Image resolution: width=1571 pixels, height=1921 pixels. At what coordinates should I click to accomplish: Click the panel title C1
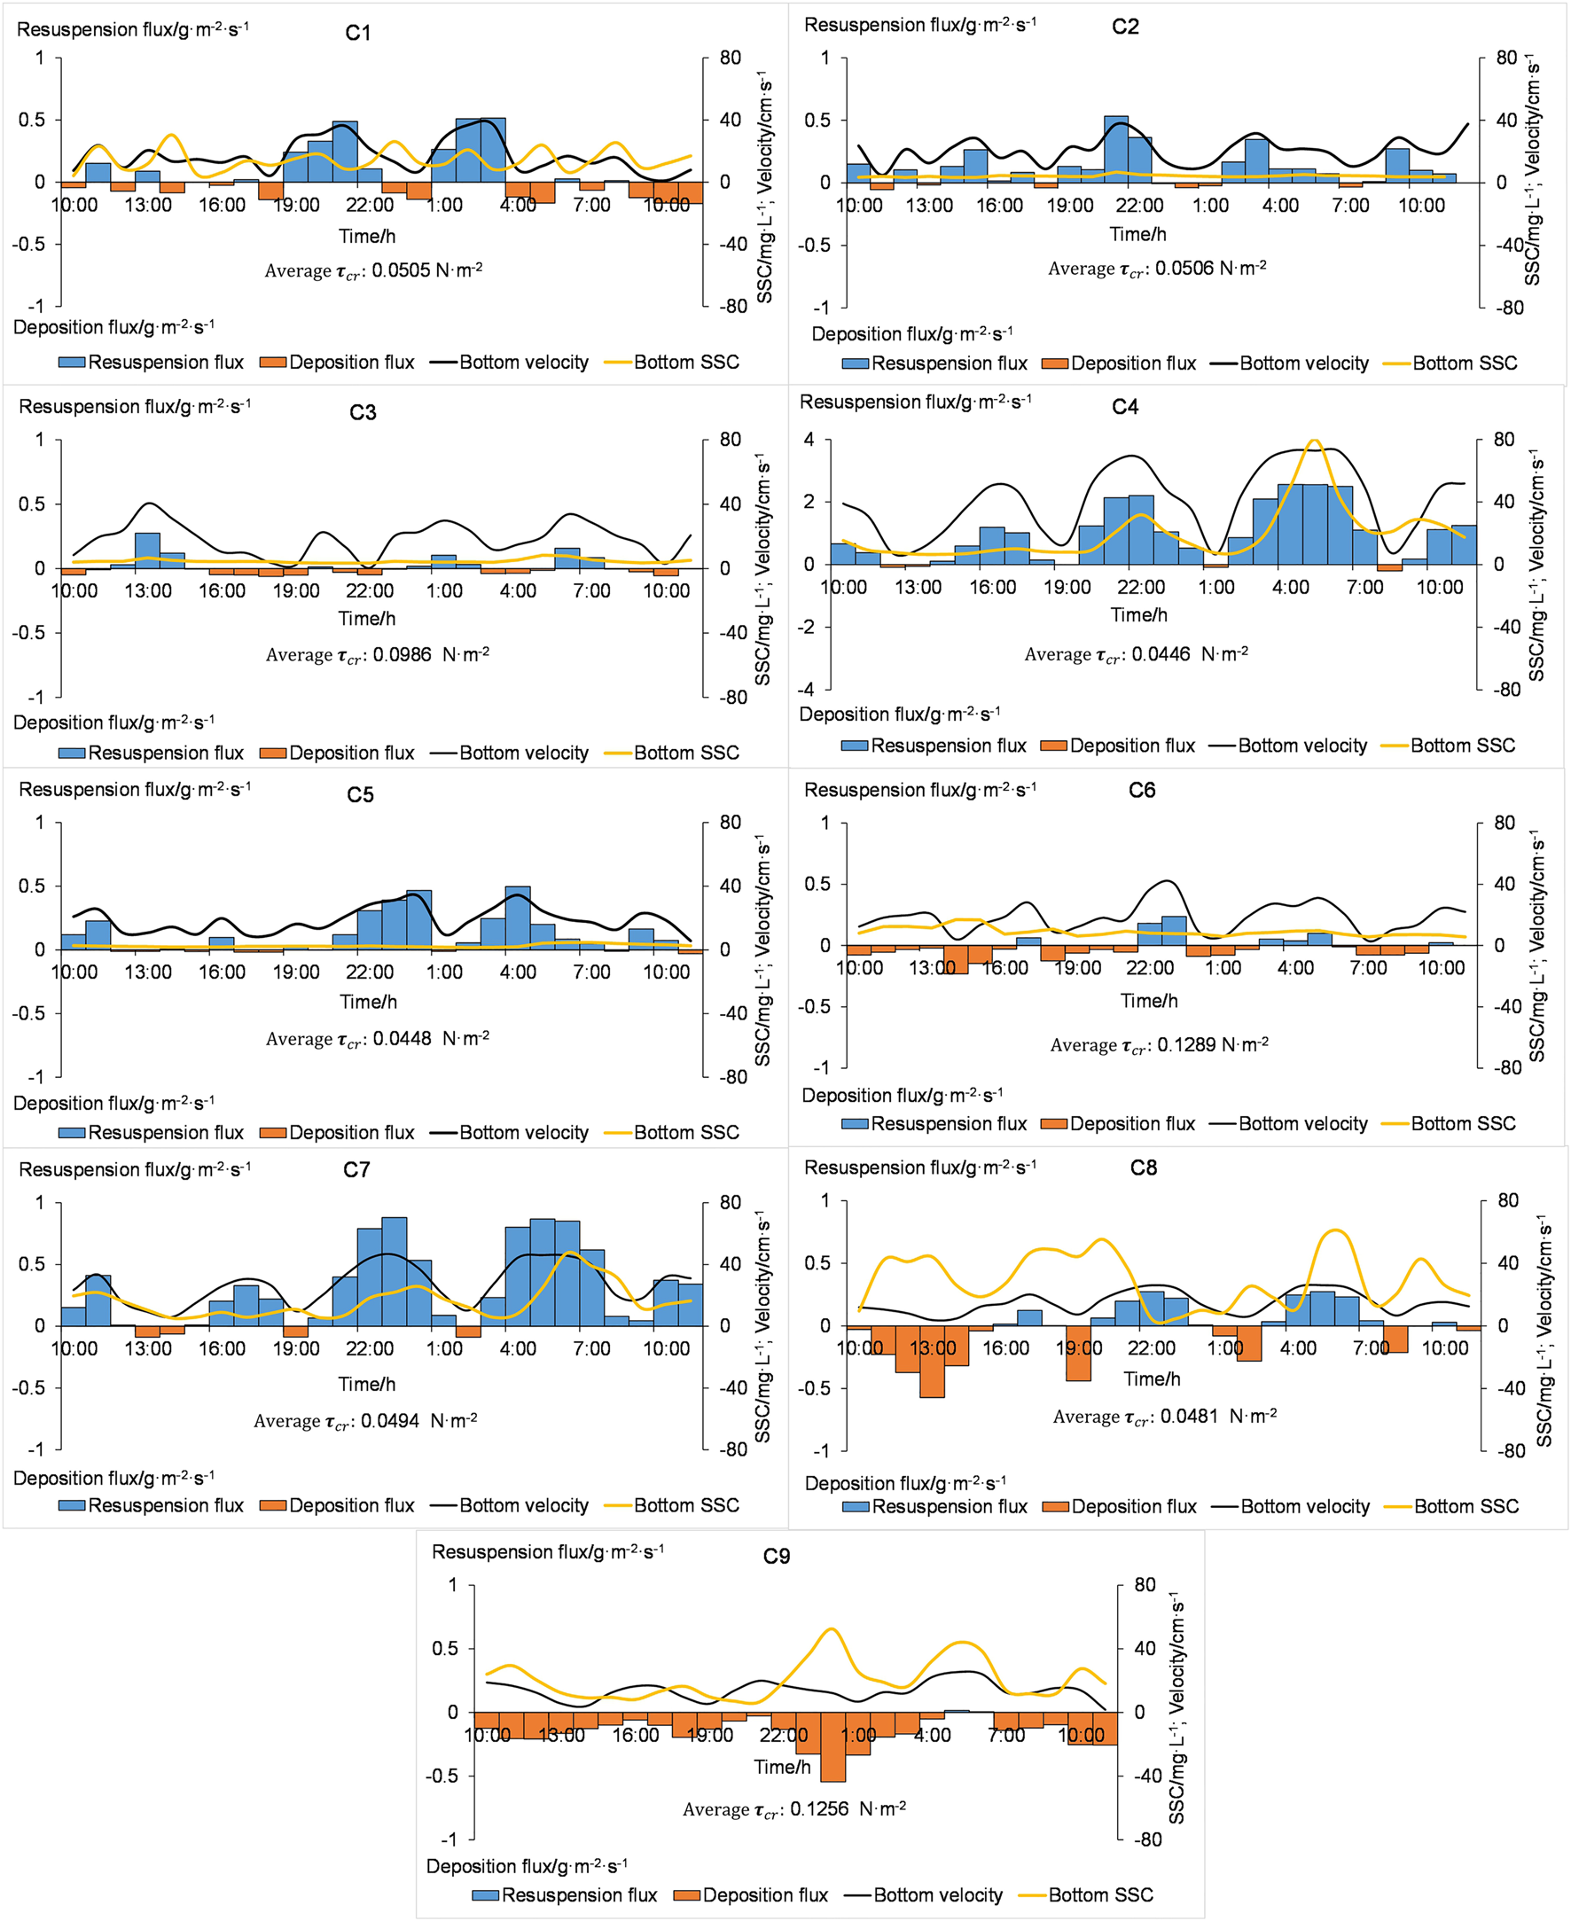pyautogui.click(x=357, y=34)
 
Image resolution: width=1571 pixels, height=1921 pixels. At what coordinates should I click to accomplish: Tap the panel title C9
pyautogui.click(x=776, y=1557)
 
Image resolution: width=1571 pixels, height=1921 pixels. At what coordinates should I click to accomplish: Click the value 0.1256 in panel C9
pyautogui.click(x=819, y=1808)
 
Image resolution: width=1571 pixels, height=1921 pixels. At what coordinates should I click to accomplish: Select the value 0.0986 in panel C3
pyautogui.click(x=402, y=654)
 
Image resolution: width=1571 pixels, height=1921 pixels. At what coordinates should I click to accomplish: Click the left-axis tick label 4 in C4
pyautogui.click(x=809, y=440)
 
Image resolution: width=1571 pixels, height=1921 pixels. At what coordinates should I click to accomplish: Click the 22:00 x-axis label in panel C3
pyautogui.click(x=369, y=591)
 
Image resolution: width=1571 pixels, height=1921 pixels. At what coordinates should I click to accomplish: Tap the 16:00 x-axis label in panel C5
pyautogui.click(x=222, y=972)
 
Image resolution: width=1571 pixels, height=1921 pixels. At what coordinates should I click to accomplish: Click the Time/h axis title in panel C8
pyautogui.click(x=1151, y=1379)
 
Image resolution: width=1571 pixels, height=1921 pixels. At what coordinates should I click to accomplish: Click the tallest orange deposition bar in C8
pyautogui.click(x=932, y=1362)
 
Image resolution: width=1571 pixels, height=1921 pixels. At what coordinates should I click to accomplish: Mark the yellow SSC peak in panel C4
pyautogui.click(x=1314, y=441)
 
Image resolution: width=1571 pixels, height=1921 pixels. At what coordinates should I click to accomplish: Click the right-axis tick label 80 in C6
pyautogui.click(x=1504, y=823)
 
